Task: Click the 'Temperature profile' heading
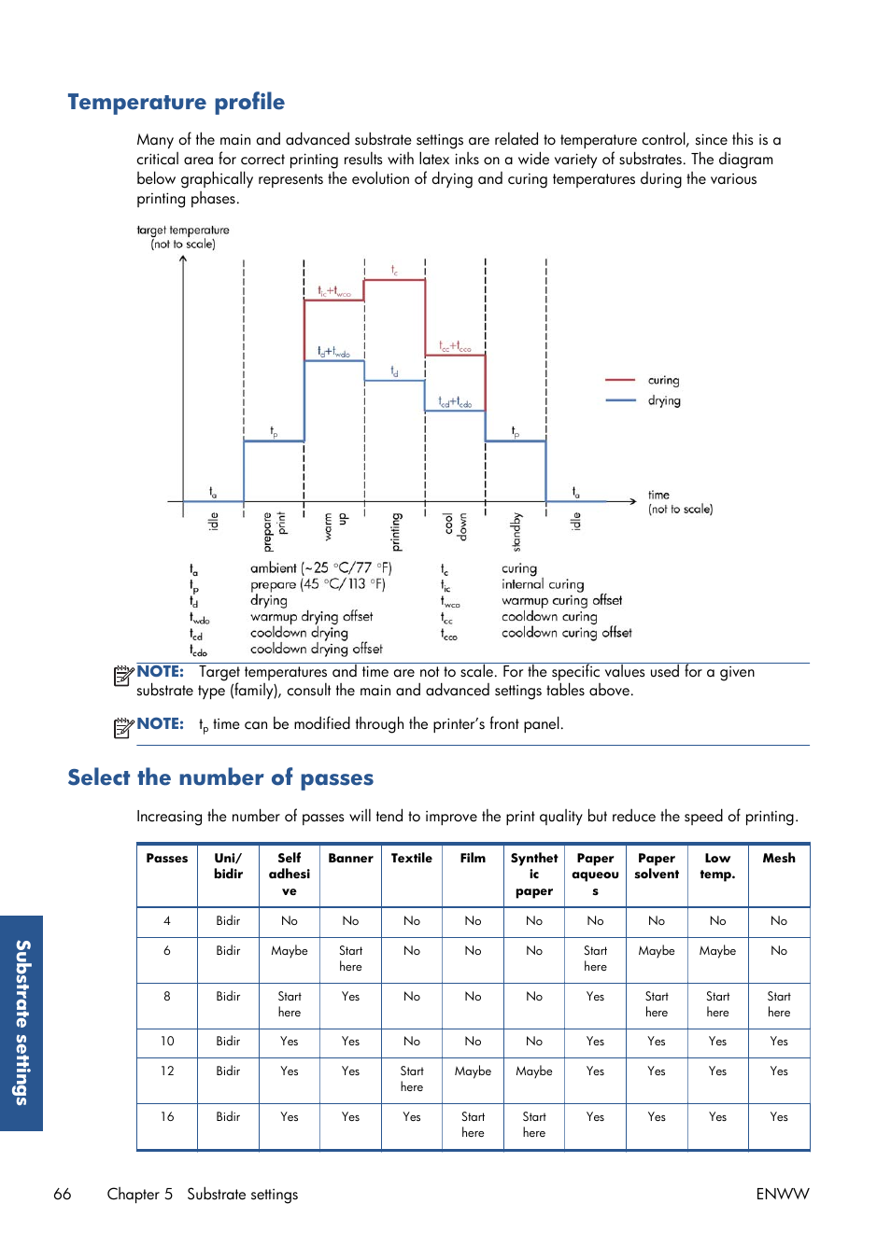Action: click(176, 102)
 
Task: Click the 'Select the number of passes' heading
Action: click(220, 777)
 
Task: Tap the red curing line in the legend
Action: click(620, 381)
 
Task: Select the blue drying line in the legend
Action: click(620, 400)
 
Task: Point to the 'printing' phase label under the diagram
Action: click(396, 532)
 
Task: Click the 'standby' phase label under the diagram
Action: click(516, 532)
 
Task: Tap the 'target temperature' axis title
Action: click(183, 237)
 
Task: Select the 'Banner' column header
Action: click(350, 859)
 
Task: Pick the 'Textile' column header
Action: click(412, 859)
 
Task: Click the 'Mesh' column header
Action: click(779, 859)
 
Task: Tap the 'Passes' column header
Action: click(167, 859)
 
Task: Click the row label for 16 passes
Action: click(167, 1117)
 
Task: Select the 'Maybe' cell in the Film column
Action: click(473, 1071)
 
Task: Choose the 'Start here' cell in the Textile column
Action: click(412, 1079)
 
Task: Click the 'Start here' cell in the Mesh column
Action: click(779, 1004)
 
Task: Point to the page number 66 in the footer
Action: click(63, 1195)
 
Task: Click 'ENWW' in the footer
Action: click(783, 1195)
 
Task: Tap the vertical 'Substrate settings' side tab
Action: click(22, 1022)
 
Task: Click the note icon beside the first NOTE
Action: click(123, 676)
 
